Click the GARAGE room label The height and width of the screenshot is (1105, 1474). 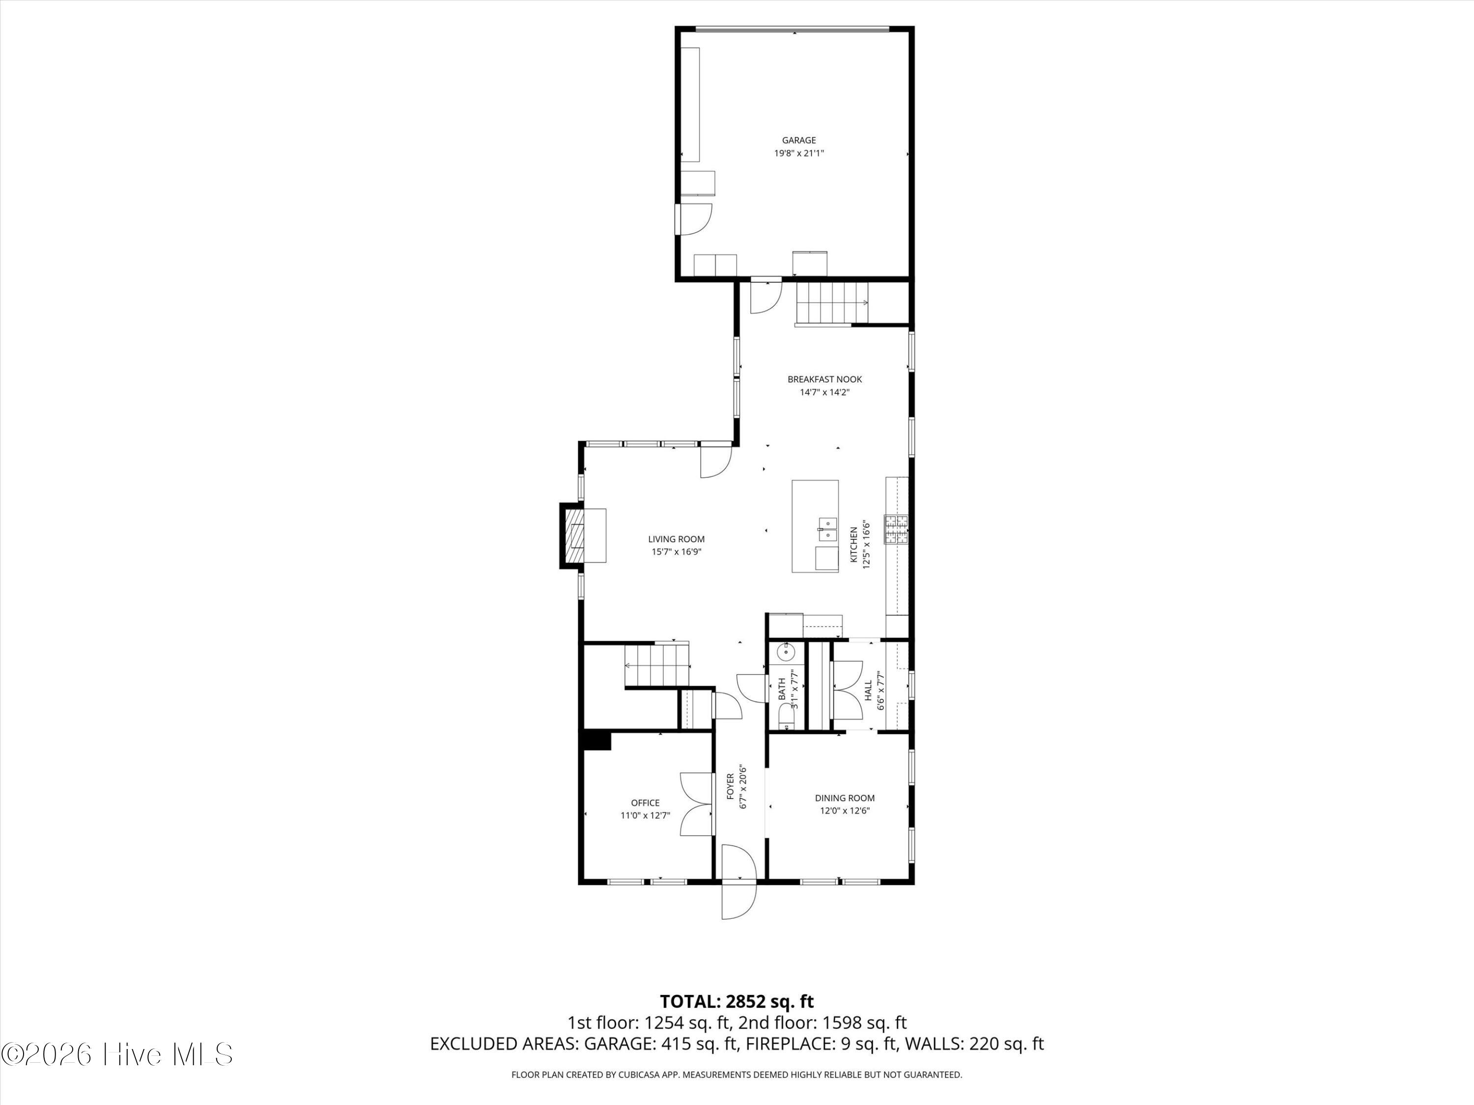coord(798,140)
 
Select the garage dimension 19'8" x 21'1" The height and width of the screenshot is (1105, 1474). coord(798,153)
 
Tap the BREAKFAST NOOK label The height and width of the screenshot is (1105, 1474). coord(824,379)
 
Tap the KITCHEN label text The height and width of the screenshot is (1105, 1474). coord(853,544)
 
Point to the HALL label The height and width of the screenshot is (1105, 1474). coord(868,690)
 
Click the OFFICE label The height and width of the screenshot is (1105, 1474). coord(645,802)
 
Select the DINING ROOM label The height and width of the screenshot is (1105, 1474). coord(844,797)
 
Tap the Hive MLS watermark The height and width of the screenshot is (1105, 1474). coord(117,1054)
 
